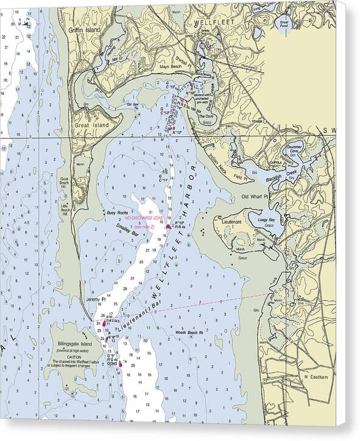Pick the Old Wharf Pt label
(x=255, y=197)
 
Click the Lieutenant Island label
(x=232, y=223)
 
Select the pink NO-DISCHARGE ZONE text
(x=144, y=217)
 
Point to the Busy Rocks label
(x=115, y=213)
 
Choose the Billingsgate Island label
(x=71, y=344)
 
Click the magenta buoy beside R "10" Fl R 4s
(x=169, y=227)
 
